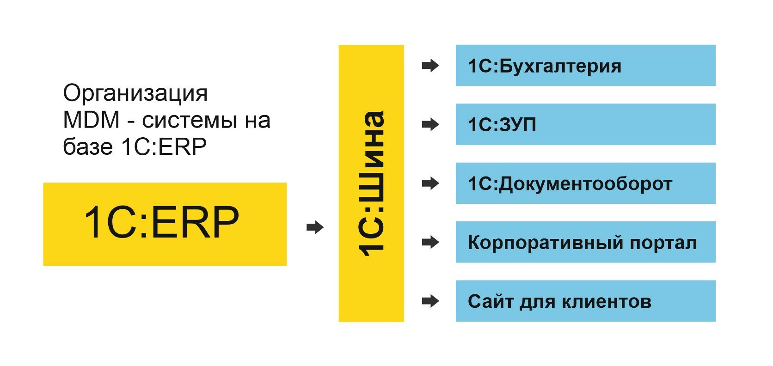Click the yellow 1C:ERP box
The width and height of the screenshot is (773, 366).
pyautogui.click(x=165, y=224)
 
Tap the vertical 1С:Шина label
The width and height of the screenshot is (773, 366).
pyautogui.click(x=371, y=183)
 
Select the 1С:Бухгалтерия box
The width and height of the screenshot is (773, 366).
pyautogui.click(x=585, y=65)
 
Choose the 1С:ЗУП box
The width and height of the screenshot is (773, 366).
pyautogui.click(x=585, y=124)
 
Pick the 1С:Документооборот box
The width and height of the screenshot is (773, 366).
pyautogui.click(x=585, y=183)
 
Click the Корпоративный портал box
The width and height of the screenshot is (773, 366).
pyautogui.click(x=585, y=242)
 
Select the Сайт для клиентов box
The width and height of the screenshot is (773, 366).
pyautogui.click(x=585, y=301)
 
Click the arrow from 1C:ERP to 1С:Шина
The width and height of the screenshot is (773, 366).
pyautogui.click(x=315, y=227)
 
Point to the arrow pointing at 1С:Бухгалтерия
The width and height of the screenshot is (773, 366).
pyautogui.click(x=430, y=66)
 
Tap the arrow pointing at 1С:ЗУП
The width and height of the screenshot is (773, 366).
pyautogui.click(x=430, y=124)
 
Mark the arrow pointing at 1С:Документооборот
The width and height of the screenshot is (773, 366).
pyautogui.click(x=430, y=183)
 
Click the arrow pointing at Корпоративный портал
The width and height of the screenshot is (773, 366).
pyautogui.click(x=430, y=242)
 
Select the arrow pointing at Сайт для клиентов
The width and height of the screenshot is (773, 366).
pyautogui.click(x=430, y=301)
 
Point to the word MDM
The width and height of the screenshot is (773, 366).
pyautogui.click(x=91, y=120)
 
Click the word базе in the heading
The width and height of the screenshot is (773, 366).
pyautogui.click(x=88, y=147)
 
